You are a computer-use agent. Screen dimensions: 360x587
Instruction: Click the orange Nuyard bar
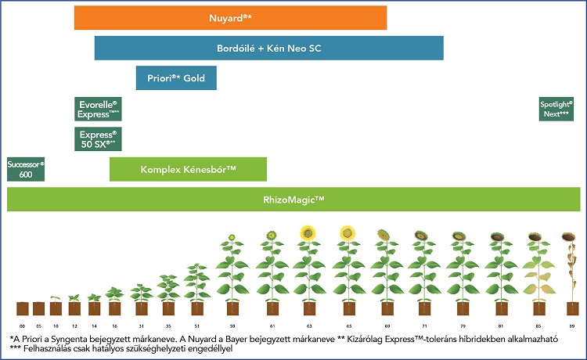coord(230,17)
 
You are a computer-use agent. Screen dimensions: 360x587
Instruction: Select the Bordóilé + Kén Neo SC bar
coord(268,48)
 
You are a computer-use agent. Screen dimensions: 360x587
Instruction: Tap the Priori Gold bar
coord(176,77)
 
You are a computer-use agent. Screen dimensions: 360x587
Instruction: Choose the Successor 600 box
coord(26,169)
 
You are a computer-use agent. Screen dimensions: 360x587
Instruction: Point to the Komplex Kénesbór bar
coord(188,169)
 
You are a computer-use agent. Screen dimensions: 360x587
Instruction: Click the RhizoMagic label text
coord(293,200)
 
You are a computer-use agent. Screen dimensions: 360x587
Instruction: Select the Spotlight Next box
coord(556,109)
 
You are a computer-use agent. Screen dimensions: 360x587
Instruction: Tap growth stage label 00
coord(23,323)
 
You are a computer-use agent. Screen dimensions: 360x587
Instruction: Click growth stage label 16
coord(114,323)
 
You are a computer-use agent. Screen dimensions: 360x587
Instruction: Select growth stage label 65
coord(347,323)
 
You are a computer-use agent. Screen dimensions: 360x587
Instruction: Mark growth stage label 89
coord(571,323)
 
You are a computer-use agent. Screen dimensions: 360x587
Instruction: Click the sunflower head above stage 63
coord(308,233)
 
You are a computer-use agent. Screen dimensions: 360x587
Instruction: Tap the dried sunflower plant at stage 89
coord(571,266)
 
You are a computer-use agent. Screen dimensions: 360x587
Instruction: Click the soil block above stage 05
coord(39,308)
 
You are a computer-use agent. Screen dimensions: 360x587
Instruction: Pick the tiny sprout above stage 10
coord(56,298)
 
